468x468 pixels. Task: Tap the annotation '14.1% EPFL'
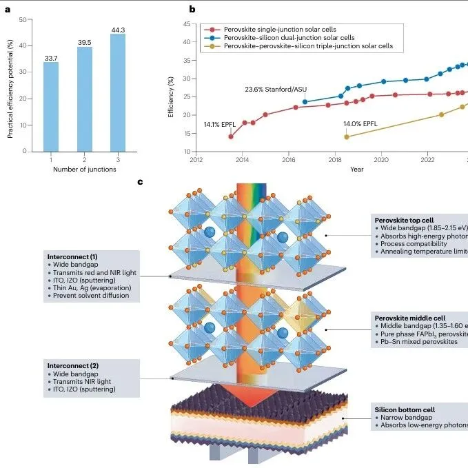220,124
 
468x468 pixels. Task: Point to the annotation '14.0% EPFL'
360,123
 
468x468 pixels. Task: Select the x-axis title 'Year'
356,169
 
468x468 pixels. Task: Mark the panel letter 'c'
141,182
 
